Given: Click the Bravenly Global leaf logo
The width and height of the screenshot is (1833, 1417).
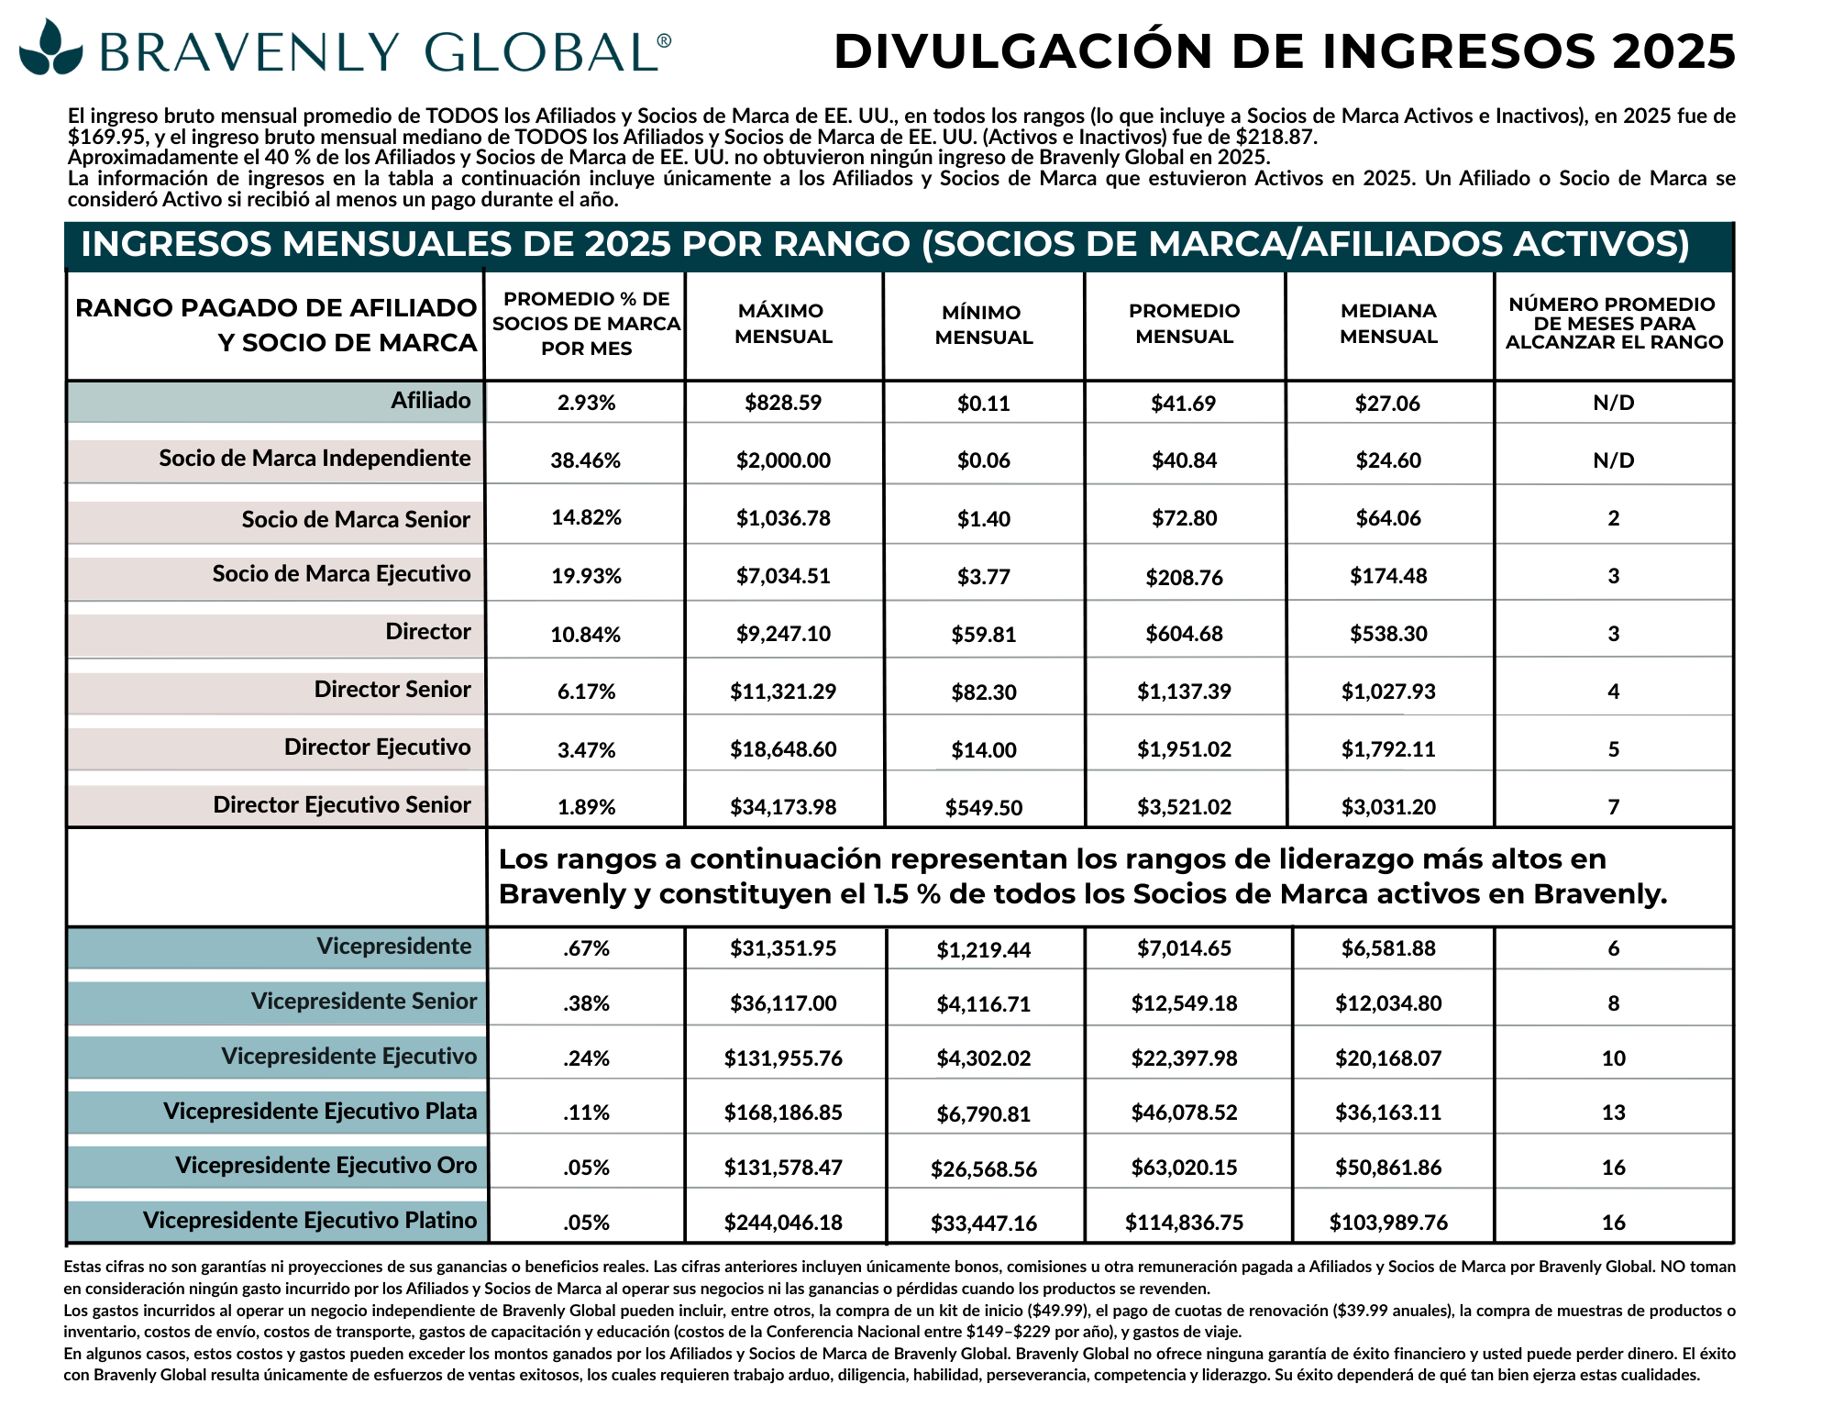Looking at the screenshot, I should click(x=51, y=47).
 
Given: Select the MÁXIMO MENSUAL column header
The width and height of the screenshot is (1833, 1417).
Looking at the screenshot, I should click(x=783, y=324).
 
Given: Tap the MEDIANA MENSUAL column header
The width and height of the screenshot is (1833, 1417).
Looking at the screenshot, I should click(x=1388, y=324).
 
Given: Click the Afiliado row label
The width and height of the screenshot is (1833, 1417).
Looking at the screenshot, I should click(x=430, y=401).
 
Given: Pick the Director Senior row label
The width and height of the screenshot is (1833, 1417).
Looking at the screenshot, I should click(x=392, y=690).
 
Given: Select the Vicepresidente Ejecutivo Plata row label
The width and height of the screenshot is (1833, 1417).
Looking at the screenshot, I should click(x=320, y=1112).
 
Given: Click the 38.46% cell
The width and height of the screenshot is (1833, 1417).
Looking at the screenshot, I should click(x=585, y=460).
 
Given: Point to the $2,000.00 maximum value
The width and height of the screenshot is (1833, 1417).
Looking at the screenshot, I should click(x=783, y=460).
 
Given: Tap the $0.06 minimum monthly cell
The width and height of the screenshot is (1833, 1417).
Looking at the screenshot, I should click(x=983, y=460).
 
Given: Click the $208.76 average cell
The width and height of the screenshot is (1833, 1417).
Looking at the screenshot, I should click(x=1184, y=578).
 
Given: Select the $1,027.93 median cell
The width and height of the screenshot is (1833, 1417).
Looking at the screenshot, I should click(x=1388, y=692).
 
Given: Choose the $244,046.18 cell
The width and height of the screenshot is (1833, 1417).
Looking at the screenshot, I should click(x=783, y=1223).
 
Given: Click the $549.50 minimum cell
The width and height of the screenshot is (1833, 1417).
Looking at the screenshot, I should click(x=983, y=808).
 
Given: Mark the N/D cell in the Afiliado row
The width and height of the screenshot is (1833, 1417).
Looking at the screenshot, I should click(x=1613, y=404).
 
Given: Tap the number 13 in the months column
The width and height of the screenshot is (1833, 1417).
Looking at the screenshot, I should click(x=1613, y=1113).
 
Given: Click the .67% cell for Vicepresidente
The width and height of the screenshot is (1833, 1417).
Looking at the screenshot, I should click(x=586, y=948).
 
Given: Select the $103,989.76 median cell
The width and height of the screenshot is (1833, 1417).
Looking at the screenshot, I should click(x=1388, y=1223).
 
